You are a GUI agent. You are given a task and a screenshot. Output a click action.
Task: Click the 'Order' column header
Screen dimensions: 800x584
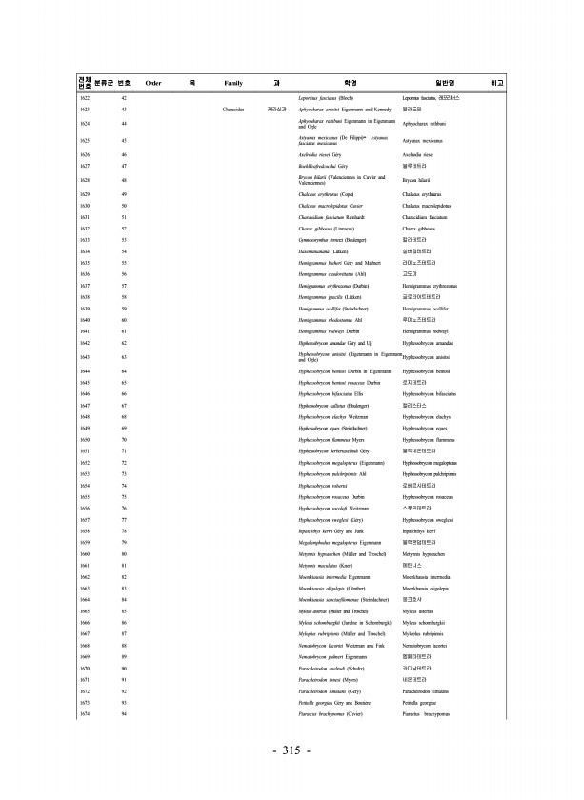coord(152,84)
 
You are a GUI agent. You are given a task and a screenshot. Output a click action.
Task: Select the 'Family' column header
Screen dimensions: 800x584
coord(232,84)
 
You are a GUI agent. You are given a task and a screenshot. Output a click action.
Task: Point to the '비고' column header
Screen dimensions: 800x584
coord(495,84)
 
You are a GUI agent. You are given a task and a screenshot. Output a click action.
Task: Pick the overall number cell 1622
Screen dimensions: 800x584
coord(85,99)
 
